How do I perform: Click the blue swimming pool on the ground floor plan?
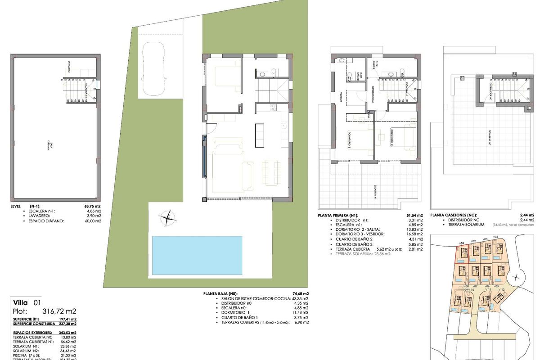pyautogui.click(x=197, y=255)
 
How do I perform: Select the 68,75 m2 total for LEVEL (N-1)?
pyautogui.click(x=92, y=206)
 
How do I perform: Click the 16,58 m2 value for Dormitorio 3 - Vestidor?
pyautogui.click(x=414, y=234)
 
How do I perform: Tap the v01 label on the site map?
pyautogui.click(x=461, y=243)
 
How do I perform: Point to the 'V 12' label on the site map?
pyautogui.click(x=502, y=289)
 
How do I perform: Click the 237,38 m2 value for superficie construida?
pyautogui.click(x=67, y=324)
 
